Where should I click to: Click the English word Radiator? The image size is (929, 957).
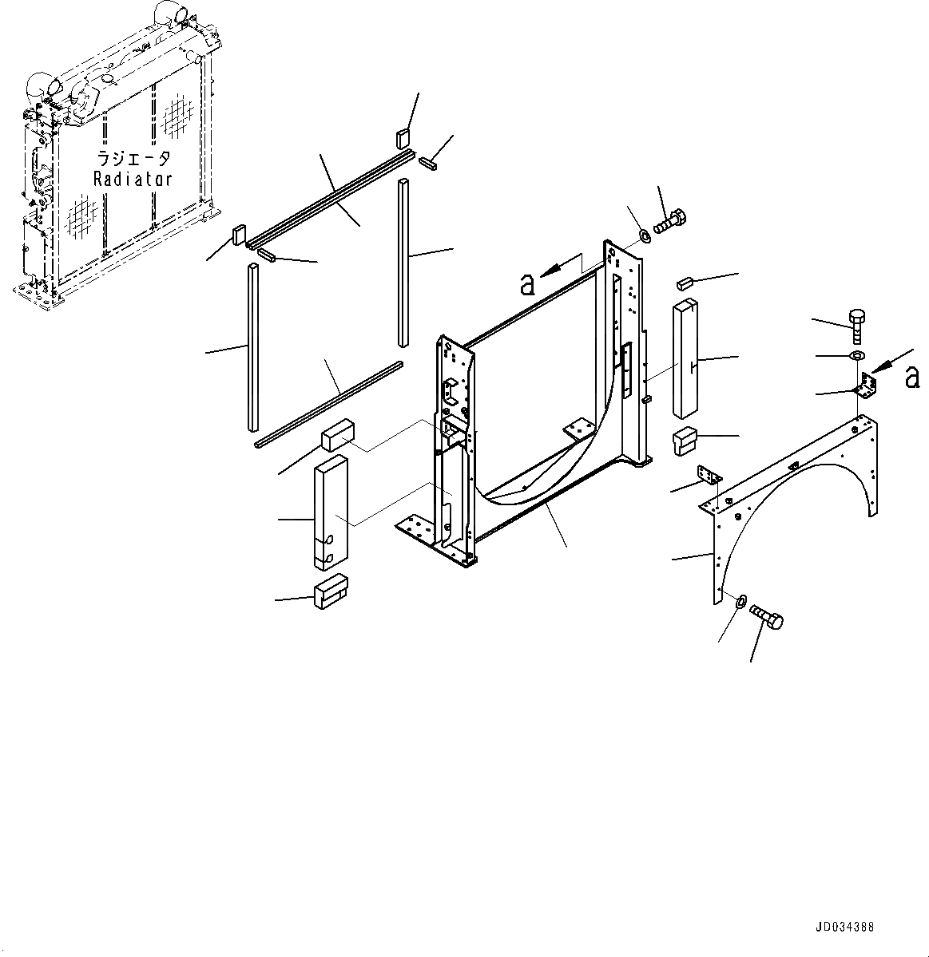pos(132,179)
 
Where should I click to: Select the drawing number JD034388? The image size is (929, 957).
pos(844,927)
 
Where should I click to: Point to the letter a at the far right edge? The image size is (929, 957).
pos(912,378)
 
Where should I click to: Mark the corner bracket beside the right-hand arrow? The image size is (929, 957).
pos(865,390)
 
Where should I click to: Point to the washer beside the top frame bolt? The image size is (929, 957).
pos(644,236)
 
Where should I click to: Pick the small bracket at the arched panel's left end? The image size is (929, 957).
pos(710,475)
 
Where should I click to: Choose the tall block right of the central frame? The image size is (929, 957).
pos(686,358)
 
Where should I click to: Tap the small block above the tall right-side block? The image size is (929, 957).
pos(683,282)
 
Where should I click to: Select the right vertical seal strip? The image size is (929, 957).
pos(403,263)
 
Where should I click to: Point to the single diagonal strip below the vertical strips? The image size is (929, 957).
pos(328,404)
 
